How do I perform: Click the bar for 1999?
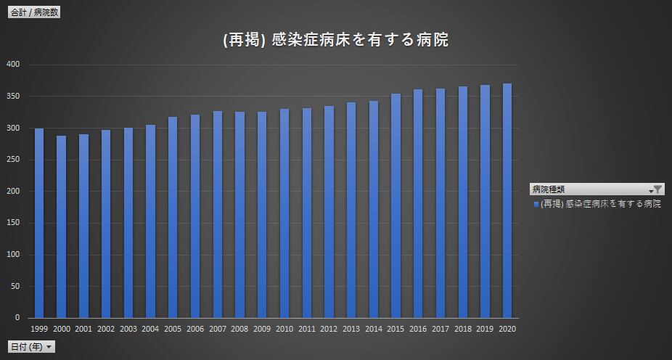coord(39,224)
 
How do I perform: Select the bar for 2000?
coord(61,226)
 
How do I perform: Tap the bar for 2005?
coord(173,217)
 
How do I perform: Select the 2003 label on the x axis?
coord(128,330)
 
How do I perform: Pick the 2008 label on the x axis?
coord(239,330)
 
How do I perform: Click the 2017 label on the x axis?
coord(440,330)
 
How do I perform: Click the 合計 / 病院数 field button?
coord(33,12)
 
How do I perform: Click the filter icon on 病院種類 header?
coord(657,189)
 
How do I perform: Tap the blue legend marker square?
coord(536,205)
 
